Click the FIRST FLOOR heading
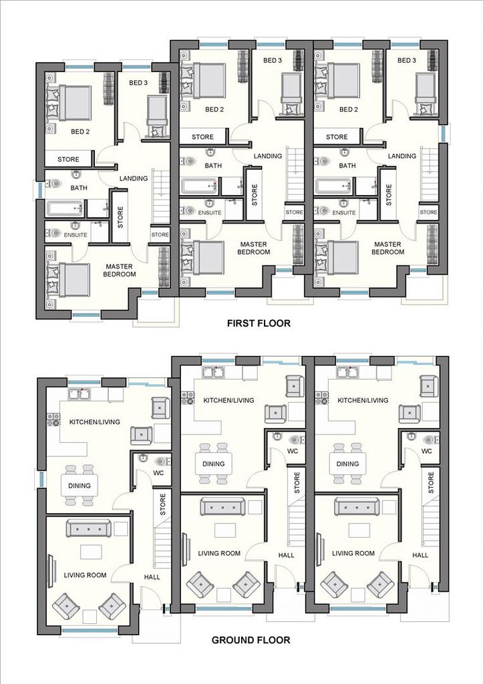click(x=259, y=323)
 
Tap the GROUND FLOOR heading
click(x=251, y=640)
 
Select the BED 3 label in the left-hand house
click(x=138, y=82)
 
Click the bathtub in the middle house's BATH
click(x=199, y=186)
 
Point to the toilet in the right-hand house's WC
click(x=430, y=439)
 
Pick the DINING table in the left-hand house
click(x=79, y=485)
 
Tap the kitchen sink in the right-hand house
click(x=348, y=372)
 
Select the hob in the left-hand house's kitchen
click(x=53, y=419)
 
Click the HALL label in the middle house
click(x=286, y=555)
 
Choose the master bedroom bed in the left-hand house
click(x=68, y=280)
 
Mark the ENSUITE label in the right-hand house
click(x=344, y=212)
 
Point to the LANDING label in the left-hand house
click(x=134, y=178)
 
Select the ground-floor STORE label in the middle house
click(x=297, y=482)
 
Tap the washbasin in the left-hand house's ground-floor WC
click(x=143, y=458)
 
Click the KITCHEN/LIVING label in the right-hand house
click(x=363, y=400)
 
